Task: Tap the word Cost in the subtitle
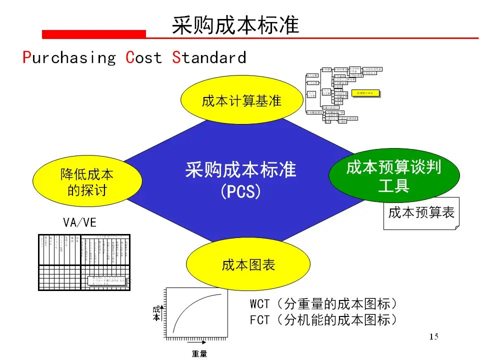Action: (144, 58)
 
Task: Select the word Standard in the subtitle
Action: (209, 58)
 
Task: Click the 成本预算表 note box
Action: (421, 212)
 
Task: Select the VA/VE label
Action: (79, 223)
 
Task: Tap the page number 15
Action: (433, 336)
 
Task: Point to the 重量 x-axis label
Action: (199, 354)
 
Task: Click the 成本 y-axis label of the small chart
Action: (156, 313)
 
